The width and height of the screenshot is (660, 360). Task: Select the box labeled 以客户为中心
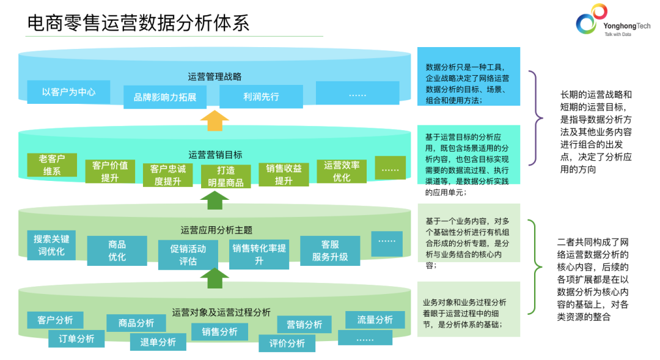(x=68, y=92)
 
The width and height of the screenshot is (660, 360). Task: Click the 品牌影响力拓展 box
(x=164, y=97)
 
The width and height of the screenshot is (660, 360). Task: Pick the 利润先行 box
(x=261, y=97)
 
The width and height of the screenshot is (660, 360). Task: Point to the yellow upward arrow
(x=215, y=120)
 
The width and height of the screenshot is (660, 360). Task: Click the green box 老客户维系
(x=52, y=165)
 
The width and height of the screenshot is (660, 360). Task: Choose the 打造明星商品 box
(x=226, y=176)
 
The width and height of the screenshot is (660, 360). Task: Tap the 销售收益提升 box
(x=284, y=174)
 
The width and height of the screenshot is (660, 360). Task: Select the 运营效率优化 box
(x=342, y=171)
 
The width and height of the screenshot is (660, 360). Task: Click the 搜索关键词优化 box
(x=52, y=245)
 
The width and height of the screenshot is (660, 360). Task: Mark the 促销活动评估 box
(x=188, y=255)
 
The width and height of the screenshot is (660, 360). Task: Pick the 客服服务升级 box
(x=330, y=251)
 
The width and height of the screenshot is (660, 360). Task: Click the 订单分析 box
(x=76, y=339)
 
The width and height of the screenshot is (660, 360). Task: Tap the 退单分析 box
(x=158, y=342)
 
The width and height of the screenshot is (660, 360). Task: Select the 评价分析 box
(x=287, y=343)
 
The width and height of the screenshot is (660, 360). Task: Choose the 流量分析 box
(x=375, y=320)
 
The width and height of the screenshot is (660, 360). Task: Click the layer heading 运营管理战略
(x=215, y=76)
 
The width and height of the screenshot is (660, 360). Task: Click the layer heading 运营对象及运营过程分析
(x=221, y=312)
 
